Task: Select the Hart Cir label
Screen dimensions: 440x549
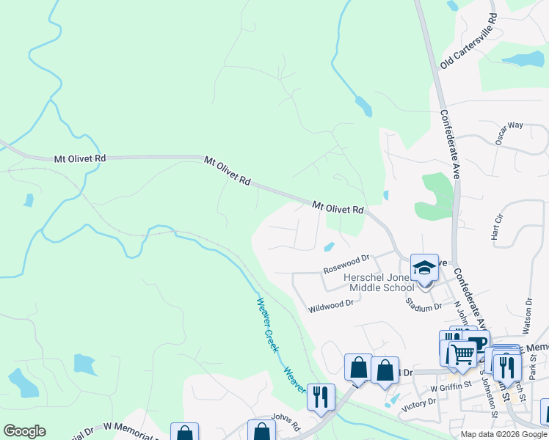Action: click(x=497, y=226)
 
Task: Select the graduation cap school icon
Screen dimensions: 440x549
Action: click(x=424, y=268)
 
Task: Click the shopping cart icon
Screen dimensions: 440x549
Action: click(x=462, y=354)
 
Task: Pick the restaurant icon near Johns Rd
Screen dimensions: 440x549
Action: click(x=321, y=397)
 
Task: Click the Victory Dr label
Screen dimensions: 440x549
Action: click(x=421, y=403)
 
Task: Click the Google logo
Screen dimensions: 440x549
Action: click(x=24, y=431)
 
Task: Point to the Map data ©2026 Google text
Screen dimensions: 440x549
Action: click(x=503, y=434)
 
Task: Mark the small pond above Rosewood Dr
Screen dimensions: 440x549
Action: click(x=329, y=246)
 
